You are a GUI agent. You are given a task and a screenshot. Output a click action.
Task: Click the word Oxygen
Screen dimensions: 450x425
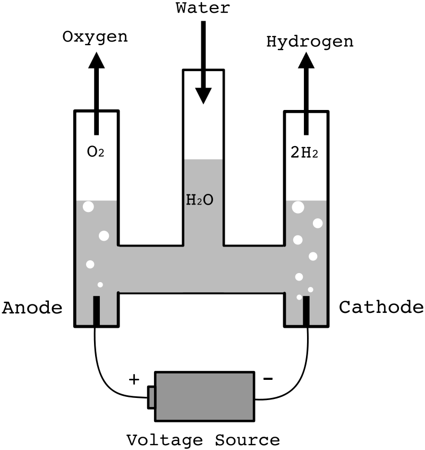pos(96,37)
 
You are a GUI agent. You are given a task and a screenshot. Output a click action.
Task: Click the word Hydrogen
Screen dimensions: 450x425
pos(310,42)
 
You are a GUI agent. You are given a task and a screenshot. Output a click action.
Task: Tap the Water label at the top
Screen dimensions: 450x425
pos(203,8)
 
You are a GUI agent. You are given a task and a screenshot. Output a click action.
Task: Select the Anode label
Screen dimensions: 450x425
pos(32,308)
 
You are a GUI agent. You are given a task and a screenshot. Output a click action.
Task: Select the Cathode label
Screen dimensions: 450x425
pos(381,308)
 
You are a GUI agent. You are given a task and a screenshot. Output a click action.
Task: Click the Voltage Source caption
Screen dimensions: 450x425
pos(203,440)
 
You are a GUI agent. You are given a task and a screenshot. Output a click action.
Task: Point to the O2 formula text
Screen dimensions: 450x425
pos(96,152)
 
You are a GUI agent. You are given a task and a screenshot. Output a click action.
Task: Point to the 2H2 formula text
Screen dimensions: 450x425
pos(305,152)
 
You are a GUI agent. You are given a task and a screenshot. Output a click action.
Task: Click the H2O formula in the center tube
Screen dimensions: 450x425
pos(200,200)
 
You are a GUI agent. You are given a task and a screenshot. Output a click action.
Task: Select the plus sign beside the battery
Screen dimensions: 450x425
pos(134,379)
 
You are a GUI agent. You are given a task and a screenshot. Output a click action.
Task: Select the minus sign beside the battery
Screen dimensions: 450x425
pos(268,379)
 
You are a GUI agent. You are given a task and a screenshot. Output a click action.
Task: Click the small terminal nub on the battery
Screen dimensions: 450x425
pos(151,397)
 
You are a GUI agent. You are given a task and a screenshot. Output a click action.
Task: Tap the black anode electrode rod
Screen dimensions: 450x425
pos(96,311)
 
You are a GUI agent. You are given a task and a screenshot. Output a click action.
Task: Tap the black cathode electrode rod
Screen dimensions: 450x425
pos(307,311)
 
